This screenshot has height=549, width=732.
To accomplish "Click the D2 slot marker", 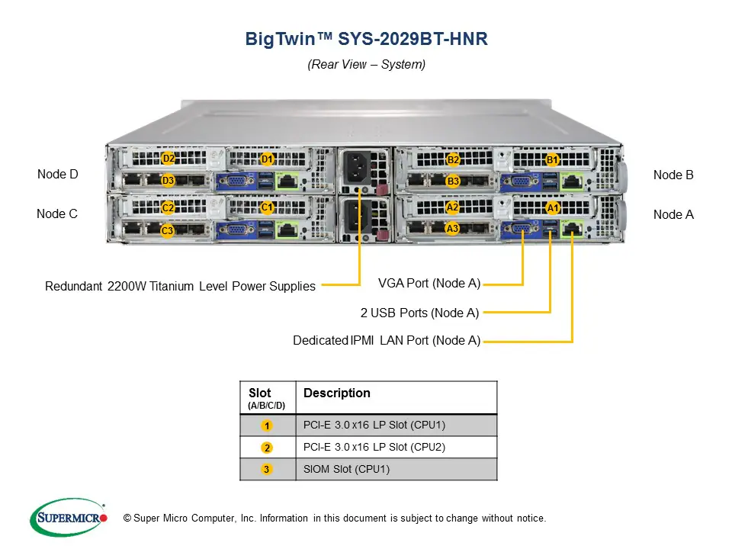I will click(x=169, y=159).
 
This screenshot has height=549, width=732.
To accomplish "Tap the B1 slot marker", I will click(x=553, y=159).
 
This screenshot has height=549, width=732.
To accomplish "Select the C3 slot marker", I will click(x=167, y=230).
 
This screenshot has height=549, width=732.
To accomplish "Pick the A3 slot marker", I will click(x=452, y=228).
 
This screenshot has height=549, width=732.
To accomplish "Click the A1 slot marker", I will click(x=554, y=207).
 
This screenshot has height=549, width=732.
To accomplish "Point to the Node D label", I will click(x=58, y=175).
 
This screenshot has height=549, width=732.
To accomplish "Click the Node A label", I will click(x=673, y=214).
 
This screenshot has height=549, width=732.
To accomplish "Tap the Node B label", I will click(x=673, y=175).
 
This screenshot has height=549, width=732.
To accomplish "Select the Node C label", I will click(x=57, y=214).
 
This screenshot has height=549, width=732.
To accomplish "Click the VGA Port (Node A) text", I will click(x=429, y=284).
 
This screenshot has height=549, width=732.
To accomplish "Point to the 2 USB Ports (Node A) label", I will click(x=420, y=313).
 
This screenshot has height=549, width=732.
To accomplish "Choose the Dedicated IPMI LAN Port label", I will click(x=387, y=341).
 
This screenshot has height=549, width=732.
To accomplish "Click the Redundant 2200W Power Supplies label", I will click(x=180, y=287).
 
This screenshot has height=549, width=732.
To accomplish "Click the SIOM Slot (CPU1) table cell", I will click(x=346, y=469).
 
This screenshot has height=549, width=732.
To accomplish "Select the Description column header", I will click(x=337, y=393).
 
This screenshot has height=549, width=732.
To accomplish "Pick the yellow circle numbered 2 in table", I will click(x=267, y=448).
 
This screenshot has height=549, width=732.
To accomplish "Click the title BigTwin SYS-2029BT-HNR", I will click(x=366, y=39).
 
